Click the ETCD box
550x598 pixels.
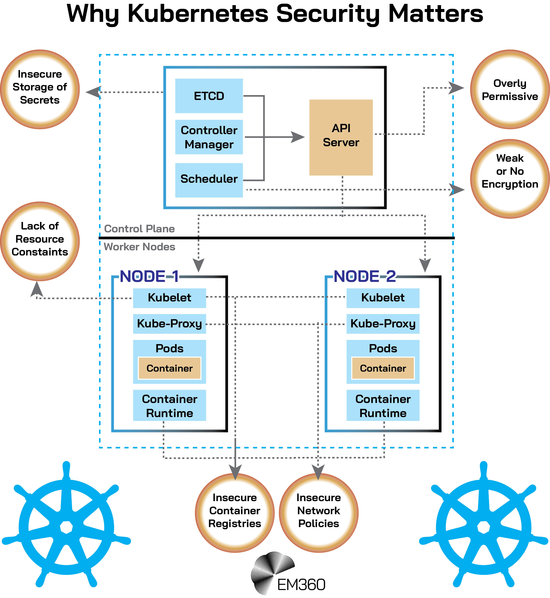coord(209,96)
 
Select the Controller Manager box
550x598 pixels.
coord(209,137)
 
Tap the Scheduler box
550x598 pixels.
coord(209,180)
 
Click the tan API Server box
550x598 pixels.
coord(341,137)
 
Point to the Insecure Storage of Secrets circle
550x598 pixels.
coord(40,89)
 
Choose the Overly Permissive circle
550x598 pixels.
coord(510,89)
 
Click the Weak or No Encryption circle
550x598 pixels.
coord(510,179)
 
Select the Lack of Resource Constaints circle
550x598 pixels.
coord(40,241)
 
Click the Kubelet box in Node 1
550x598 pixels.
coord(169,298)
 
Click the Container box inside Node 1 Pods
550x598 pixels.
coord(169,368)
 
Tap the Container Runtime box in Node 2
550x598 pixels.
coord(383,405)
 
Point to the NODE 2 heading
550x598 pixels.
coord(365,277)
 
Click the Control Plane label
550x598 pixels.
coord(139,229)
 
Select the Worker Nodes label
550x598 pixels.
coord(139,247)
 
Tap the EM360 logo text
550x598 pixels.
coord(301,585)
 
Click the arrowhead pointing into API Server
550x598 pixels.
coord(297,137)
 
